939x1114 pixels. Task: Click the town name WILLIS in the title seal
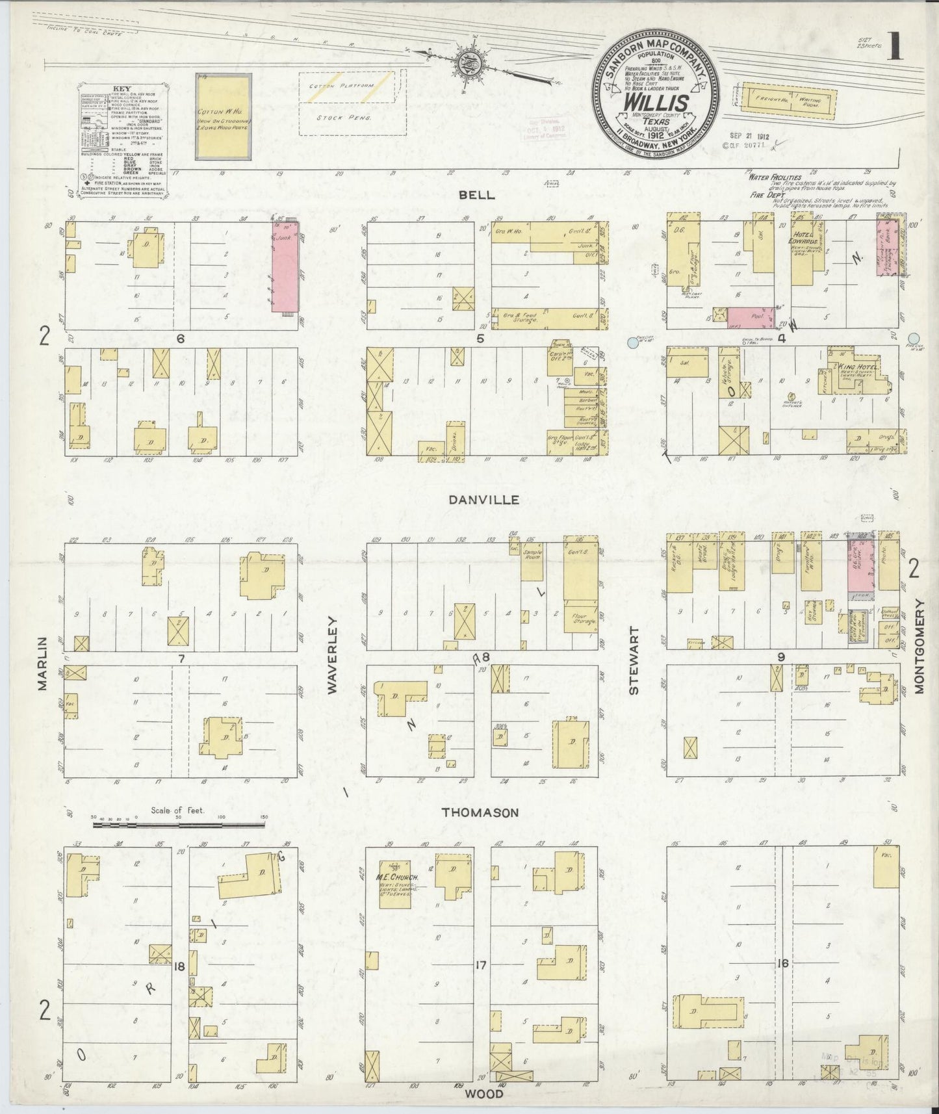[656, 103]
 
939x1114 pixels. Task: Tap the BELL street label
[476, 194]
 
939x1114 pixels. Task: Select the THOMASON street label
[480, 812]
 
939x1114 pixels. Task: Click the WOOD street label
[484, 1094]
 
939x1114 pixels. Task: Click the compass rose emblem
[467, 63]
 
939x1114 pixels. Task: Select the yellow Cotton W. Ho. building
[224, 117]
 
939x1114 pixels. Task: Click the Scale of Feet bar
[179, 825]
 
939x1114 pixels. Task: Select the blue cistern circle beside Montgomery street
[915, 338]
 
